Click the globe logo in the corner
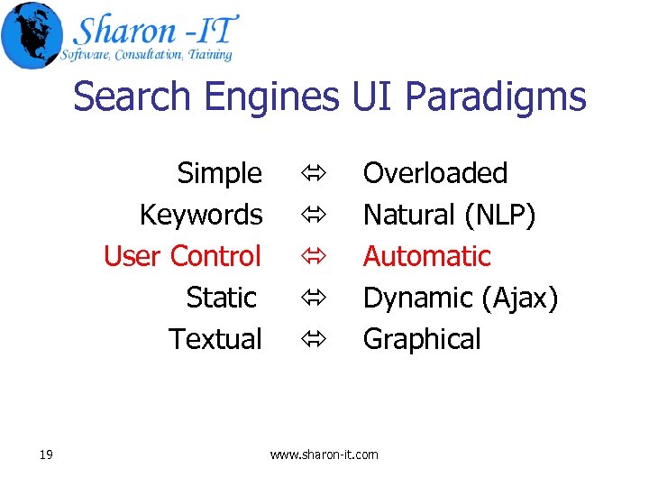(32, 35)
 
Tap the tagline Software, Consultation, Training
(146, 55)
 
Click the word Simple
(220, 172)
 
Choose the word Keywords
(201, 215)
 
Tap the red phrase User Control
(182, 256)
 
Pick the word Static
(222, 297)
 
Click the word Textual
(215, 339)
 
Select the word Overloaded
(435, 172)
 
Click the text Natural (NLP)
(449, 215)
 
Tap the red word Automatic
(426, 256)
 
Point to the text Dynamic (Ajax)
(461, 298)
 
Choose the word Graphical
(422, 339)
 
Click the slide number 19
(46, 455)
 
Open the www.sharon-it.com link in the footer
(324, 455)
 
